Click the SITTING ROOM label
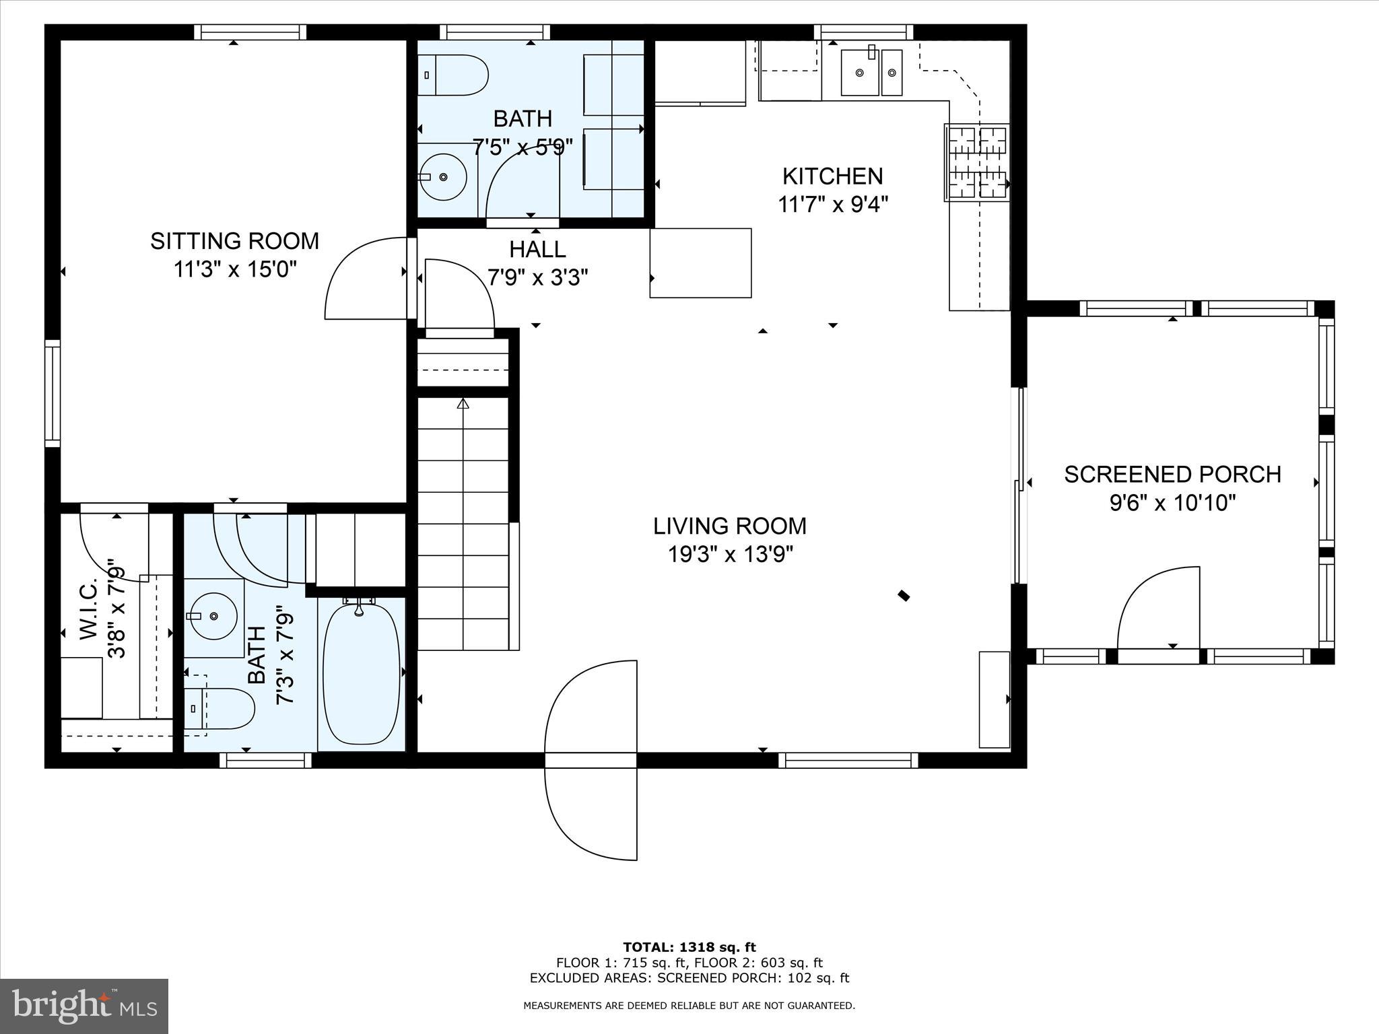pyautogui.click(x=234, y=241)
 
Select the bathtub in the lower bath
pyautogui.click(x=362, y=674)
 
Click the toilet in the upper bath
pyautogui.click(x=454, y=75)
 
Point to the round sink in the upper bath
pyautogui.click(x=443, y=177)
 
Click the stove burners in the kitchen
pyautogui.click(x=976, y=163)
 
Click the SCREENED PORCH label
pyautogui.click(x=1172, y=475)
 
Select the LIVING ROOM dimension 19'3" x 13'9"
pyautogui.click(x=730, y=555)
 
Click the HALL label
pyautogui.click(x=537, y=250)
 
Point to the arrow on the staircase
pyautogui.click(x=463, y=404)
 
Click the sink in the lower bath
pyautogui.click(x=213, y=616)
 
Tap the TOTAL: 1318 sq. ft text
pyautogui.click(x=689, y=947)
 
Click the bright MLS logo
pyautogui.click(x=84, y=1006)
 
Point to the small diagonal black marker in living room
pyautogui.click(x=904, y=595)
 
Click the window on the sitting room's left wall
pyautogui.click(x=53, y=393)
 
